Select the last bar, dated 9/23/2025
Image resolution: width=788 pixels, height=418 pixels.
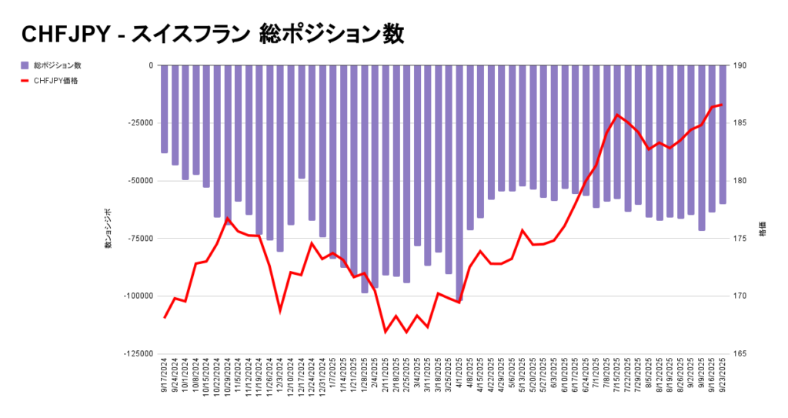(723, 134)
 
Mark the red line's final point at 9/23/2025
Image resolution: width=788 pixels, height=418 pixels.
(722, 105)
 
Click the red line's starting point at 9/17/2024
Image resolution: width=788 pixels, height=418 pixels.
(165, 317)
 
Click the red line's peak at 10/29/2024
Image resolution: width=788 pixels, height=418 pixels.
(228, 219)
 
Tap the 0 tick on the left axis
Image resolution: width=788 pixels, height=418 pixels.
(150, 65)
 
